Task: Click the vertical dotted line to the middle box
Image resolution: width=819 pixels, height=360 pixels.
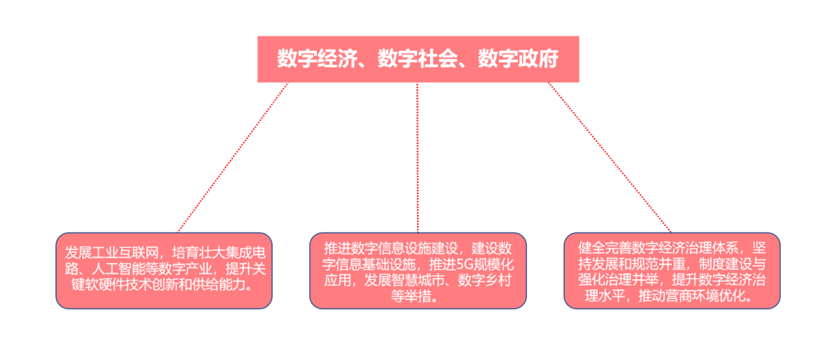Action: (417, 156)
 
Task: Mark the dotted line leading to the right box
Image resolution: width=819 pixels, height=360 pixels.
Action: (609, 156)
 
